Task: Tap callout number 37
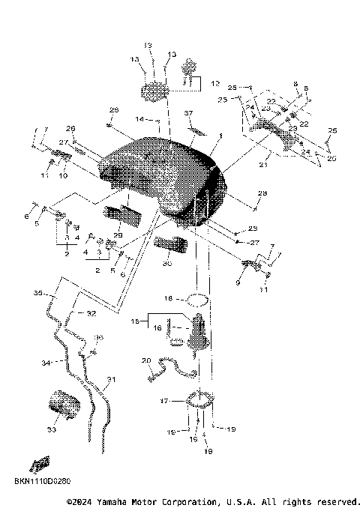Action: [190, 113]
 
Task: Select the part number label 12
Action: [214, 83]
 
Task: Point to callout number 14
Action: [139, 119]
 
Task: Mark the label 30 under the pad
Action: [166, 263]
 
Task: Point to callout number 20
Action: [146, 360]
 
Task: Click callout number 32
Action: [91, 312]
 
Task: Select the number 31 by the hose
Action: [111, 380]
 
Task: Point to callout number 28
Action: [262, 194]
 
